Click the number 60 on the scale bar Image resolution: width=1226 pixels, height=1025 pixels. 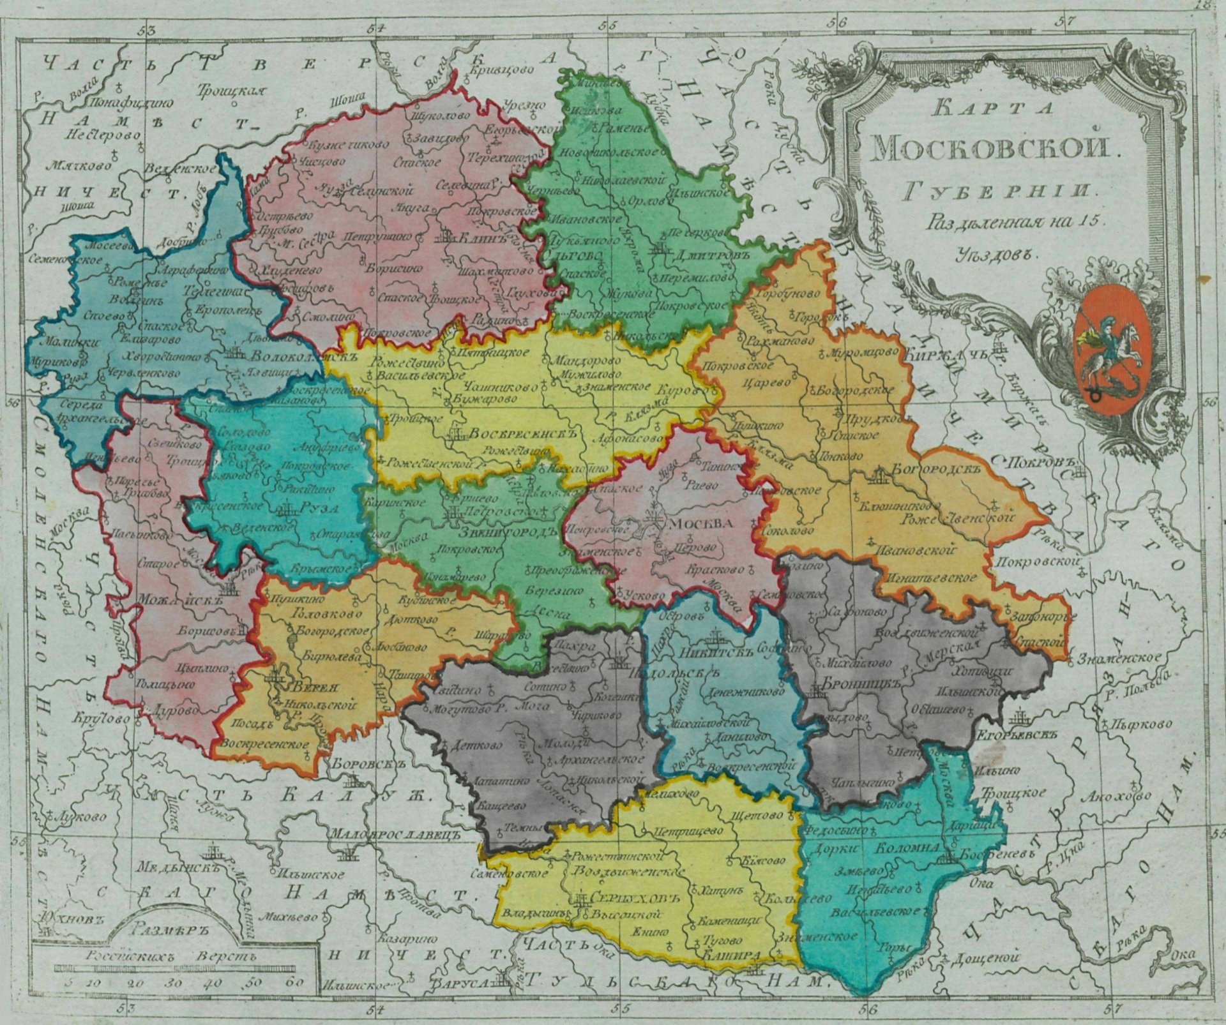point(295,982)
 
